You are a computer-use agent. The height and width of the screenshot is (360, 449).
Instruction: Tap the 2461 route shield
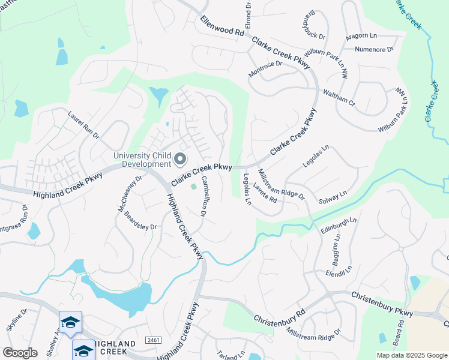pos(154,340)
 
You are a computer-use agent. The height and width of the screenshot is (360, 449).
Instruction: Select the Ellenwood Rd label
pos(223,27)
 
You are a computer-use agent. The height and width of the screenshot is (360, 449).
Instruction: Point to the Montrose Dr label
pos(265,69)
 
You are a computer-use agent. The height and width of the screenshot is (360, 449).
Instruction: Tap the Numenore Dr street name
pos(373,49)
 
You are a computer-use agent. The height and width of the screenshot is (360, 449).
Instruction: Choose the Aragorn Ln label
pos(364,36)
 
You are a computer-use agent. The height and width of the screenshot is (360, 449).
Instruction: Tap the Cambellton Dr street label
pos(204,196)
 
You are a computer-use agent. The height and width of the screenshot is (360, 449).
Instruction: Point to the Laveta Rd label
pos(264,193)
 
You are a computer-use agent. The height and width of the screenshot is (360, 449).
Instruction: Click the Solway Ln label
pos(333,197)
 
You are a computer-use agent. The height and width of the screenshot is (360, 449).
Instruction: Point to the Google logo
pos(20,353)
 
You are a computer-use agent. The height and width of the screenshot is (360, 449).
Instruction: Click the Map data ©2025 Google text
pos(412,355)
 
